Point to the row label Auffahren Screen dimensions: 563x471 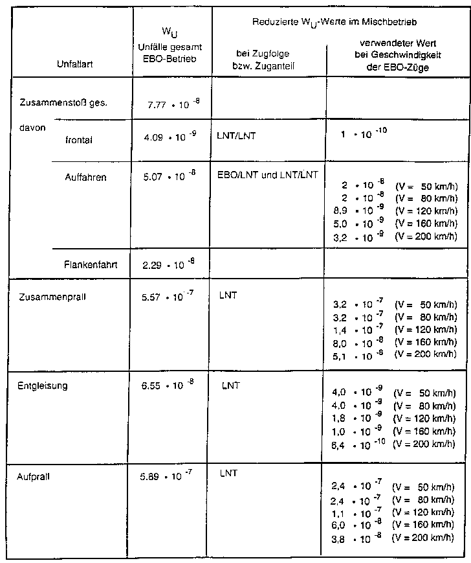click(86, 176)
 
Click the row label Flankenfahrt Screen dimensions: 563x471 click(91, 264)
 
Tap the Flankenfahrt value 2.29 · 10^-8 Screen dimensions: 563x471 click(169, 264)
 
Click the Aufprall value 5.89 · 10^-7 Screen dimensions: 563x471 click(168, 476)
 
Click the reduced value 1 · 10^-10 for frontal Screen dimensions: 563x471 click(365, 135)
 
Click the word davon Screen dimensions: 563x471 click(33, 128)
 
